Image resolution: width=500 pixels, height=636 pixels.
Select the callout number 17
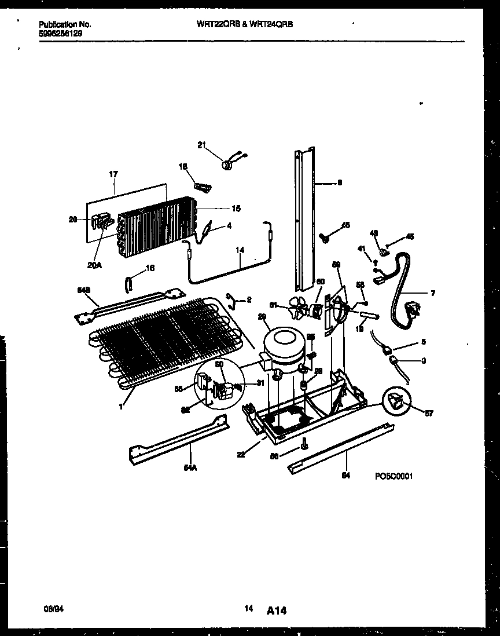[x=113, y=173]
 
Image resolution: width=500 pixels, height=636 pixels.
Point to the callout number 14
[x=240, y=250]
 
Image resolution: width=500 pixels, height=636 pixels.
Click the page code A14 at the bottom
[x=277, y=610]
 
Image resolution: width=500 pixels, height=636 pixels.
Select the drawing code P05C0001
[x=393, y=476]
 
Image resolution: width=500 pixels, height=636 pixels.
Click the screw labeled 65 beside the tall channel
[x=325, y=235]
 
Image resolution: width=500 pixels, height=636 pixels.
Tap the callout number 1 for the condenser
[x=121, y=407]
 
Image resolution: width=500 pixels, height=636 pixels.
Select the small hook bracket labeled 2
[x=231, y=299]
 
